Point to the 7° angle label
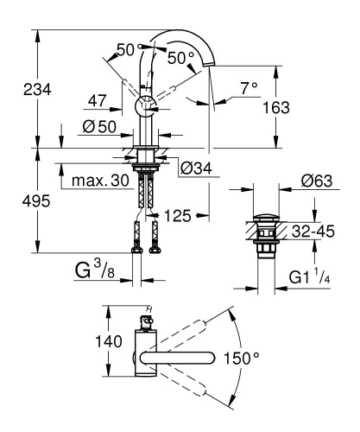[249, 88]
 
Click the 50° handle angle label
[180, 58]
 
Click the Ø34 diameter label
[198, 167]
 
